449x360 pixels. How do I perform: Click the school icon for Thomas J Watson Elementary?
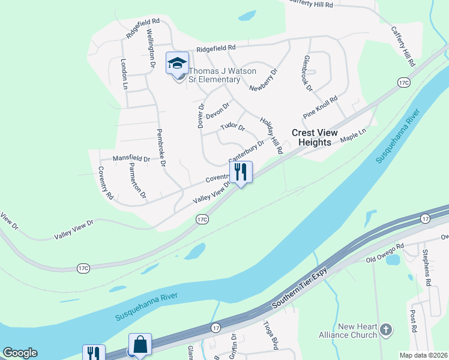178,63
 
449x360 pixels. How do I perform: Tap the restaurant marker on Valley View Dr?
241,172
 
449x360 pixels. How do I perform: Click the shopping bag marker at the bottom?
140,345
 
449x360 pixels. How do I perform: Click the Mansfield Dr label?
131,158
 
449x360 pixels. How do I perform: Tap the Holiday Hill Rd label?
271,136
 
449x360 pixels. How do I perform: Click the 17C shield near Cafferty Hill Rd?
403,82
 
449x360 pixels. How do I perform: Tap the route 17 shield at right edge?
424,218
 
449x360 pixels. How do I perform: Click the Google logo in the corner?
20,353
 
